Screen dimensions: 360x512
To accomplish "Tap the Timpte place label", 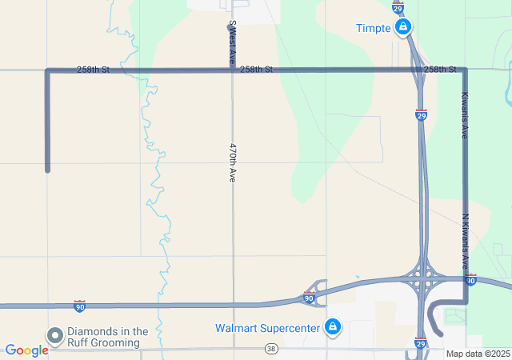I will click(374, 29).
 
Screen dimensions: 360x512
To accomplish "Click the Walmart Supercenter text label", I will click(266, 328).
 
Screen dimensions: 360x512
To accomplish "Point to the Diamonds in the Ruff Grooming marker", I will click(55, 336).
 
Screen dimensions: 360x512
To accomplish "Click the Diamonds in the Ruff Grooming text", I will click(108, 337).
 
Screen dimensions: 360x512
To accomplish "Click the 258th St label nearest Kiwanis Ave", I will click(440, 70).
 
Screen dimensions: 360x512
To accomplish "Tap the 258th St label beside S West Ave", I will click(256, 70).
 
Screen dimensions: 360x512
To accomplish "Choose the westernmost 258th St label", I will click(94, 70).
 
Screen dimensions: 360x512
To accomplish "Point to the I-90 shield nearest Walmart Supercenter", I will click(309, 298).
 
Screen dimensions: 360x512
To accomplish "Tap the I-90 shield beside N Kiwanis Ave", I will click(470, 280).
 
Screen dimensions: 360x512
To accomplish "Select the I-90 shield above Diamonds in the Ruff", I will click(79, 306).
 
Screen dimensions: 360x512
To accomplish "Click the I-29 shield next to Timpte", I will click(398, 7).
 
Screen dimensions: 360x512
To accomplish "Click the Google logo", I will click(26, 350).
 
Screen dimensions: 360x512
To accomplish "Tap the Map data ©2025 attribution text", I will click(478, 354).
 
